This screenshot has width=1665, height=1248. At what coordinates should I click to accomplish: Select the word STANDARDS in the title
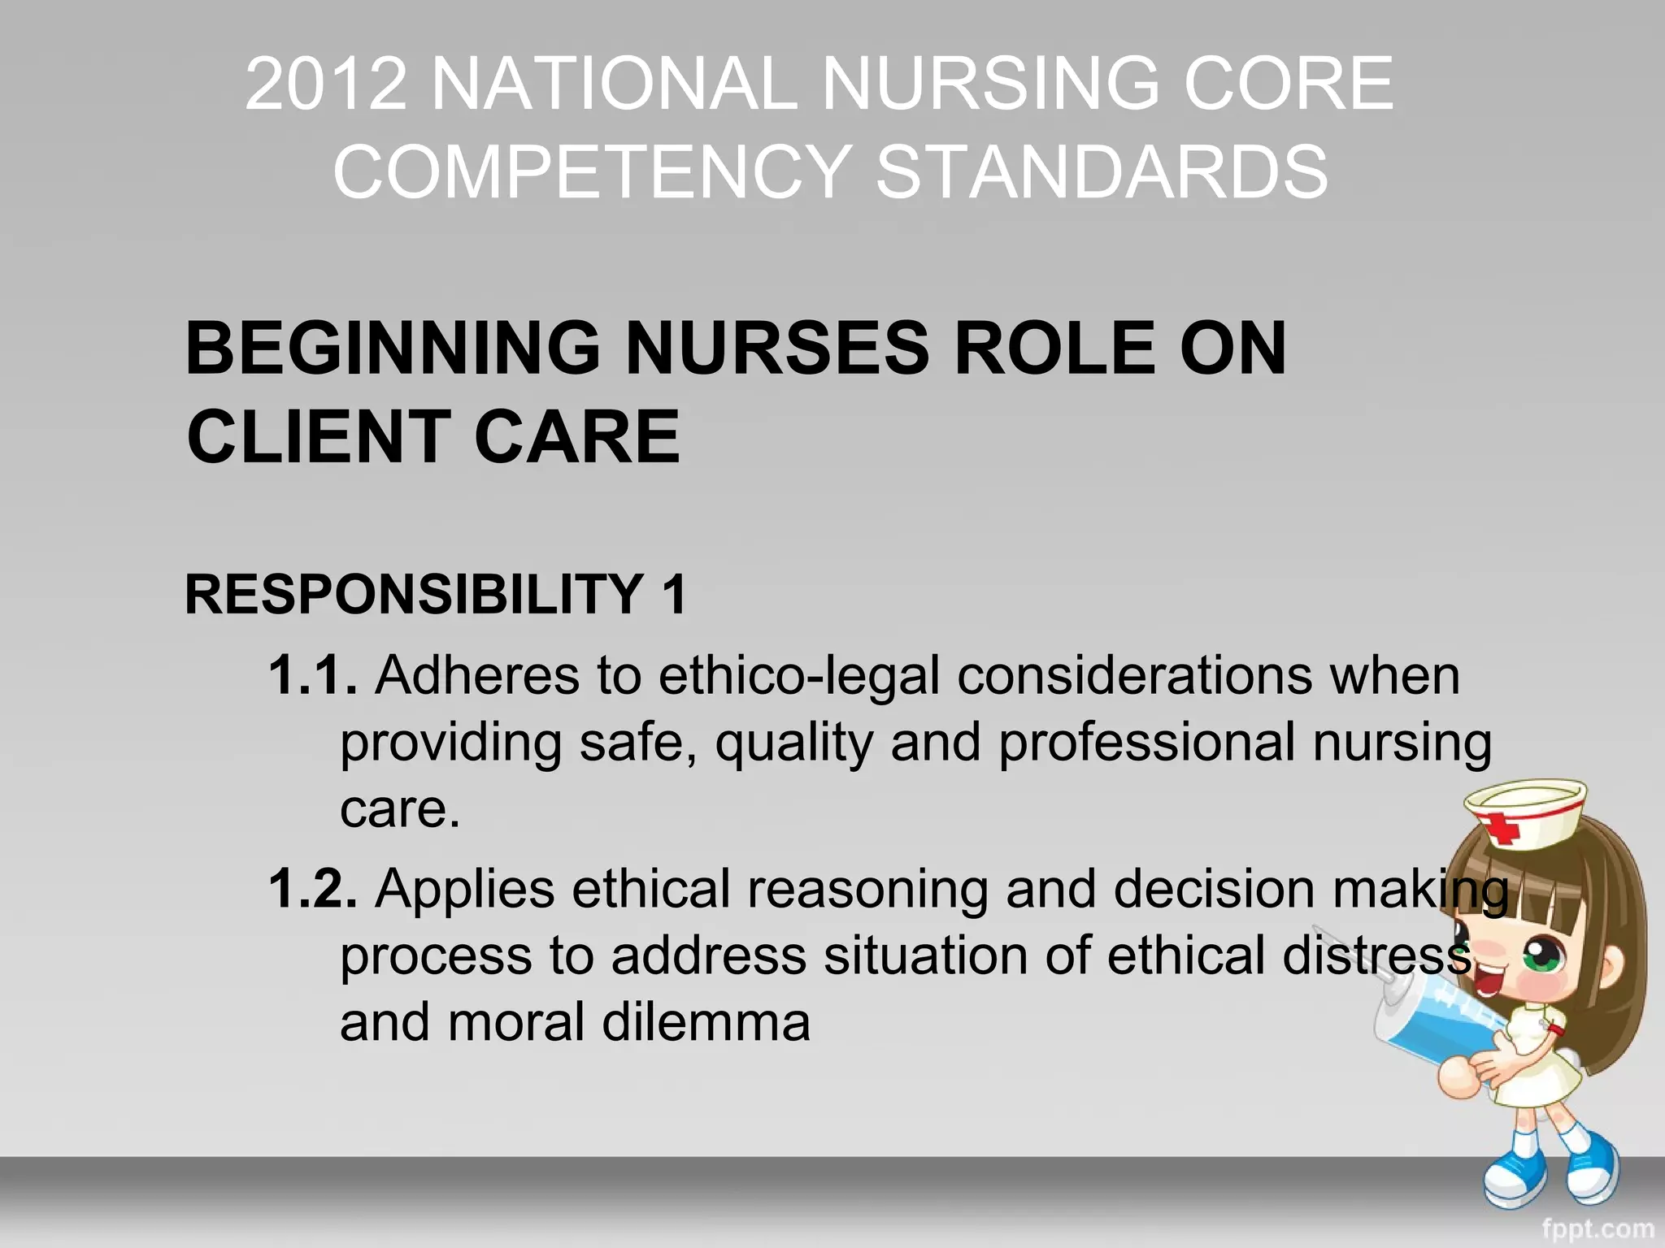[1102, 171]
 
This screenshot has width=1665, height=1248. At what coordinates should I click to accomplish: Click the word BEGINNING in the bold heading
[393, 349]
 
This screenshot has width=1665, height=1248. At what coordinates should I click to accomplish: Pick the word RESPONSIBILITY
[415, 594]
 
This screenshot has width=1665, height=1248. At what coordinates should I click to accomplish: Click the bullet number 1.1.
[312, 675]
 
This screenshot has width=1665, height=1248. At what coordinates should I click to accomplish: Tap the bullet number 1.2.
[312, 888]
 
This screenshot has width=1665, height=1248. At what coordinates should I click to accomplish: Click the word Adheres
[476, 675]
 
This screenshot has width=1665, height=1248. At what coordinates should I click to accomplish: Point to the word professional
[1146, 743]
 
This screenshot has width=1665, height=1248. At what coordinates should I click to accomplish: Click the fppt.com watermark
[1597, 1228]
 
